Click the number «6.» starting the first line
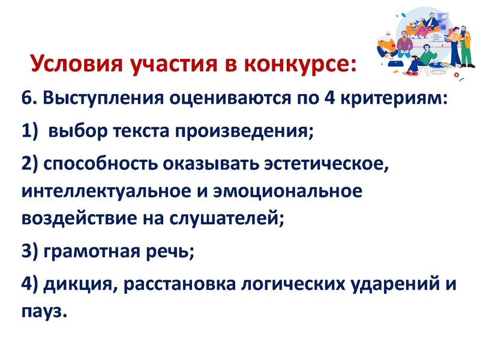pyautogui.click(x=28, y=98)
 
